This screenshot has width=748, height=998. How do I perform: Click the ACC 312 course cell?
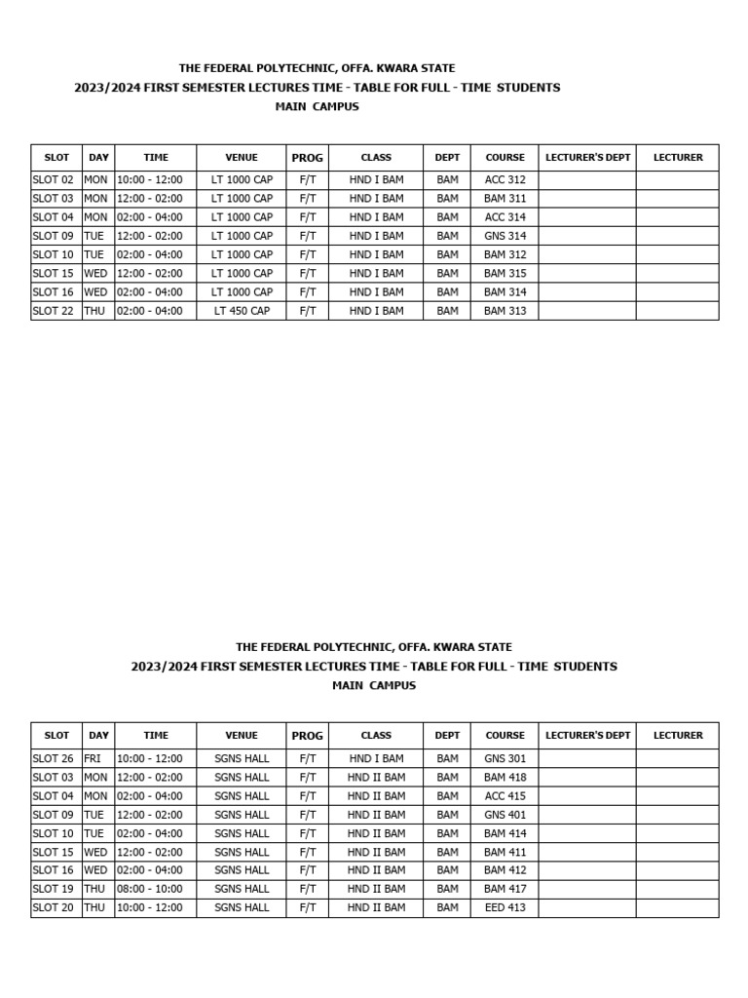click(505, 179)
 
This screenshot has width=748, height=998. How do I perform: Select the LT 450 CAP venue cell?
click(242, 311)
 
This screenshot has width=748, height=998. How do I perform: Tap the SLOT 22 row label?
click(54, 311)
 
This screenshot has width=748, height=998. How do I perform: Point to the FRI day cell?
click(93, 758)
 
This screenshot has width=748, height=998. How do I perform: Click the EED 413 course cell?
click(505, 907)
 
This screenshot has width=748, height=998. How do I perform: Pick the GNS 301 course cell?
click(505, 758)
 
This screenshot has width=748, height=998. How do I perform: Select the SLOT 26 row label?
click(54, 758)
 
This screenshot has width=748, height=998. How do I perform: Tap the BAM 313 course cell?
click(505, 311)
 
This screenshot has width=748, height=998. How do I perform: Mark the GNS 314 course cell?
click(505, 236)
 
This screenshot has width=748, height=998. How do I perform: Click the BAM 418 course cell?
click(505, 777)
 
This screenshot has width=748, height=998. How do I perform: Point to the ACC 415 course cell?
click(505, 796)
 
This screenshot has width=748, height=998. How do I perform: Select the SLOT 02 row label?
click(54, 179)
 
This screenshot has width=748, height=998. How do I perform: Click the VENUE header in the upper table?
click(242, 157)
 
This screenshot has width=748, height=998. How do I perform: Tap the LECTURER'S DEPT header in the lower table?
click(587, 736)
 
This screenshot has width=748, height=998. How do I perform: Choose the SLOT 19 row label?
click(54, 889)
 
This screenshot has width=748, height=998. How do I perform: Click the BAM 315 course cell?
click(505, 274)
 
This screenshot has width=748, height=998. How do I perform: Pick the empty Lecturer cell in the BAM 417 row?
click(677, 889)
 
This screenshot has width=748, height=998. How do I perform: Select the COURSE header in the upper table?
click(505, 157)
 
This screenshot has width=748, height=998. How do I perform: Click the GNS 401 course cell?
click(505, 815)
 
